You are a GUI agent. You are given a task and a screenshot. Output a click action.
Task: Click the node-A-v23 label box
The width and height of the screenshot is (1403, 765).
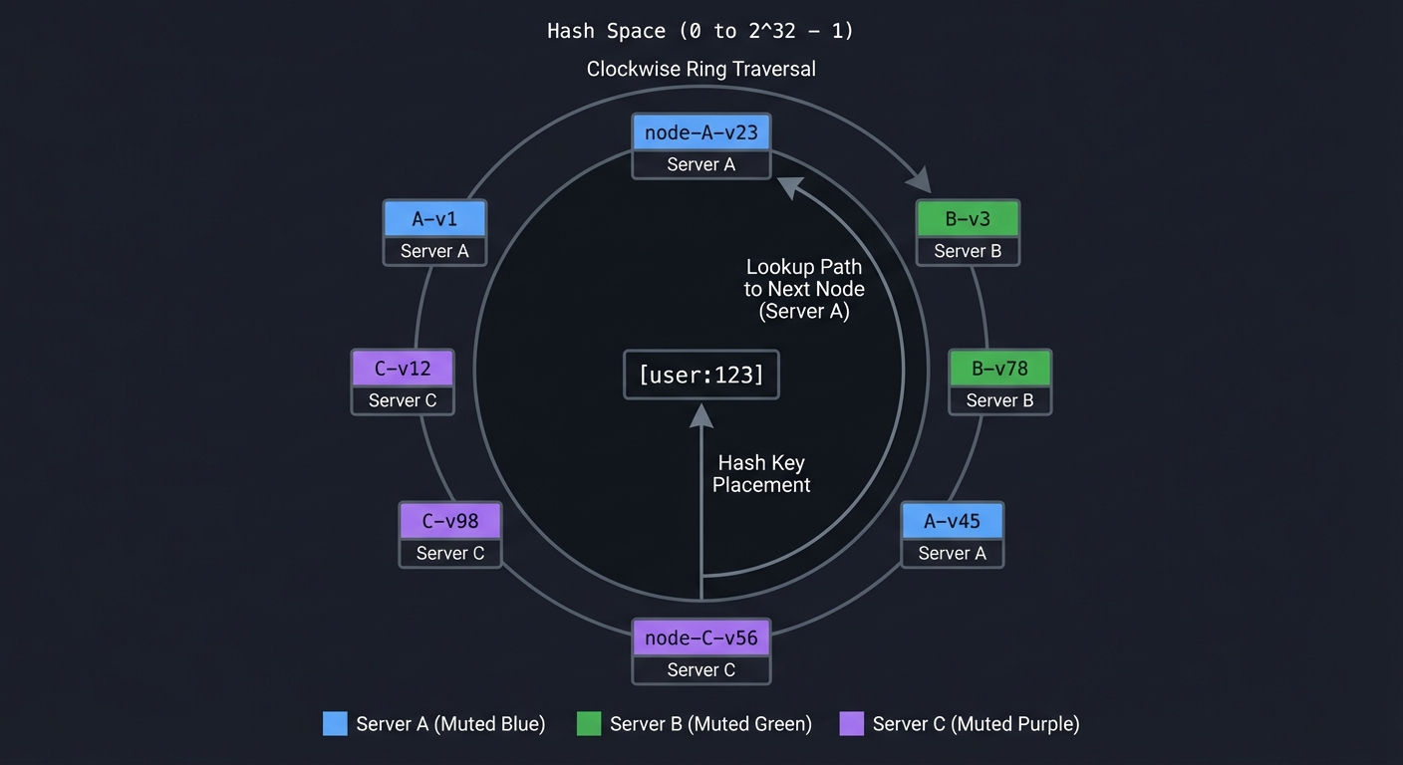point(701,132)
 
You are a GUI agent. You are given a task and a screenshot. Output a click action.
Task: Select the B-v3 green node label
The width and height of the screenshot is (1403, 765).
point(967,219)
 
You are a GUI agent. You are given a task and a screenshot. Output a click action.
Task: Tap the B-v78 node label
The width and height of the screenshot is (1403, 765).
point(999,368)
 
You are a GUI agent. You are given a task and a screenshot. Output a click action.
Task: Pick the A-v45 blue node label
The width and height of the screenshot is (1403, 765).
point(952,521)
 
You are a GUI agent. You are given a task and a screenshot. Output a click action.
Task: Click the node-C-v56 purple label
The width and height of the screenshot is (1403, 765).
point(701,637)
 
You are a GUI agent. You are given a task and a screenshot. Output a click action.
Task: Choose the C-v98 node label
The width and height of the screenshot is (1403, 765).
point(449,521)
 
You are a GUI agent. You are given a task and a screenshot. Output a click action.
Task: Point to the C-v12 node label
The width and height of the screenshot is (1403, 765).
point(403,369)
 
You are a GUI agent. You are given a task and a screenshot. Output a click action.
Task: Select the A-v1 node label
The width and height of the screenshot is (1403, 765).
point(434,219)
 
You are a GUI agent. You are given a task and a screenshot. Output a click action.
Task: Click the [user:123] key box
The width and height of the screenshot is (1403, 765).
point(701,376)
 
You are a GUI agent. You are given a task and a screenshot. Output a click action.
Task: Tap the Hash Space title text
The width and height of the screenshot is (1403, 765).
point(701,31)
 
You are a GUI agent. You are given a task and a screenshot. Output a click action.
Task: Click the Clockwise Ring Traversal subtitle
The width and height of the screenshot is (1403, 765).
point(701,69)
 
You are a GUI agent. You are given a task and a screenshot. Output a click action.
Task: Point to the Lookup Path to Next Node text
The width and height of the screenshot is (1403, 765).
point(803,289)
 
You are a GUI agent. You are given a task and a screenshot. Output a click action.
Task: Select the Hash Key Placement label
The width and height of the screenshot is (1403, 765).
point(761,474)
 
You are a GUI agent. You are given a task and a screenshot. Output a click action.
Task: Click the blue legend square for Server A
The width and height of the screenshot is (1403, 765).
point(335,724)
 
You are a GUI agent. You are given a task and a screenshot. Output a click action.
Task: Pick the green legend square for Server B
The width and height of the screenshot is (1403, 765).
point(589,724)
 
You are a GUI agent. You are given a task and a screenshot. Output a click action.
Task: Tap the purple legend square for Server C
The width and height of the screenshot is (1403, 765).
point(851,724)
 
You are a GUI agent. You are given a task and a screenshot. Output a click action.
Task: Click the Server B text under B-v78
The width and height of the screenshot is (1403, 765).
point(999,400)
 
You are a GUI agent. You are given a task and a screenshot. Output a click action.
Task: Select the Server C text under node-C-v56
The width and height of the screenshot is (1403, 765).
point(701,670)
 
